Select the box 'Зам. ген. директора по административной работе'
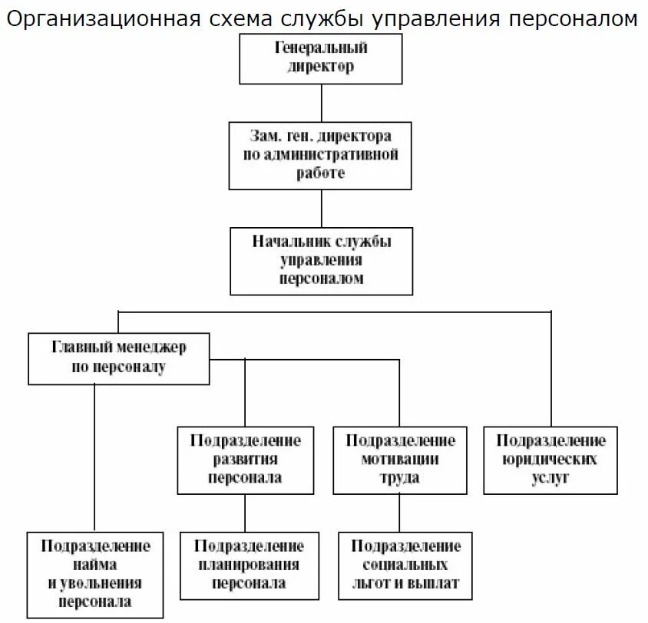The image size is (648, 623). pos(321,154)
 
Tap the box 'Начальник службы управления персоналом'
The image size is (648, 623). pos(321,260)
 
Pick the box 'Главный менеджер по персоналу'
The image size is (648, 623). pos(118,358)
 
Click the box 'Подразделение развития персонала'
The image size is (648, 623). pos(246,459)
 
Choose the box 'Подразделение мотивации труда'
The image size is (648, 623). pos(400,459)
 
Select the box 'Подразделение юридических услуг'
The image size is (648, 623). pos(550,459)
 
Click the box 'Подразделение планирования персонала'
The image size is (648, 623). pos(249,565)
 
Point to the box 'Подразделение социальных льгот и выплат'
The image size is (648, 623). pos(406,565)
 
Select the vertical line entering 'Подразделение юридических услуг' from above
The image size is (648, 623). pos(550,368)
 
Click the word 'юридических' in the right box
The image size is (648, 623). pos(550,459)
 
